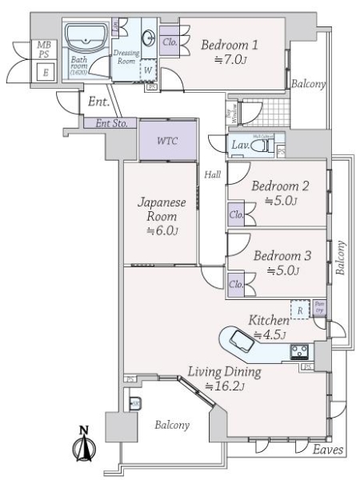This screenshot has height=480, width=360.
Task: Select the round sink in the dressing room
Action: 149,37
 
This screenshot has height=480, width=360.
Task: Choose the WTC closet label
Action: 167,141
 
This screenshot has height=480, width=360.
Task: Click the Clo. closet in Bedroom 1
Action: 170,42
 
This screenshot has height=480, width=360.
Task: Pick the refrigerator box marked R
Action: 299,310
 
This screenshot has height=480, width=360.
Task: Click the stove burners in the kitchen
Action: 301,352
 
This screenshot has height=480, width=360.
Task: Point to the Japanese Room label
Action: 162,210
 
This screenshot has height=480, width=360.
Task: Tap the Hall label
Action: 212,174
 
